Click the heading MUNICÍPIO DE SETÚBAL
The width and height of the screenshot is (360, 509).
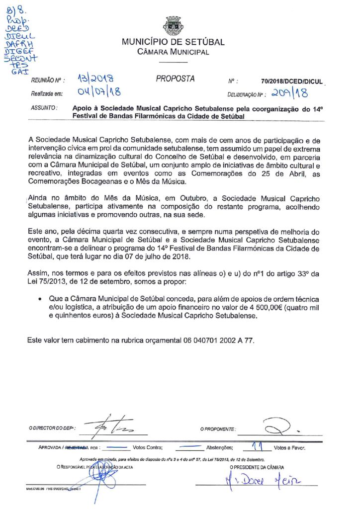point(173,42)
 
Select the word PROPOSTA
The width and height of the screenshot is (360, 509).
point(175,79)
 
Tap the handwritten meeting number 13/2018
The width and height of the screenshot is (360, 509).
point(95,78)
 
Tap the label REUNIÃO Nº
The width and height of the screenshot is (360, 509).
point(45,80)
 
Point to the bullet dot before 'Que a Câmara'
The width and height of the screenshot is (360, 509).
point(39,300)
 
